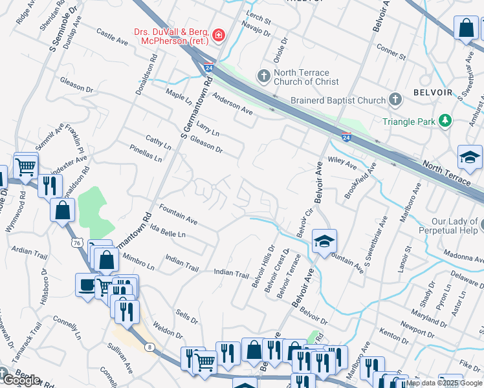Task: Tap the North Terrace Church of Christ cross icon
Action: click(x=263, y=77)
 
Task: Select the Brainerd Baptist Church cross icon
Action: click(x=395, y=100)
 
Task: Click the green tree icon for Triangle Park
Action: click(x=445, y=121)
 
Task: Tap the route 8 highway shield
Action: click(x=151, y=347)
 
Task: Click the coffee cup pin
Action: click(x=86, y=285)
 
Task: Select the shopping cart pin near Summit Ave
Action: click(x=26, y=166)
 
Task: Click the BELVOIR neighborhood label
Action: click(x=430, y=92)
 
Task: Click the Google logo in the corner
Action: click(x=21, y=380)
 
